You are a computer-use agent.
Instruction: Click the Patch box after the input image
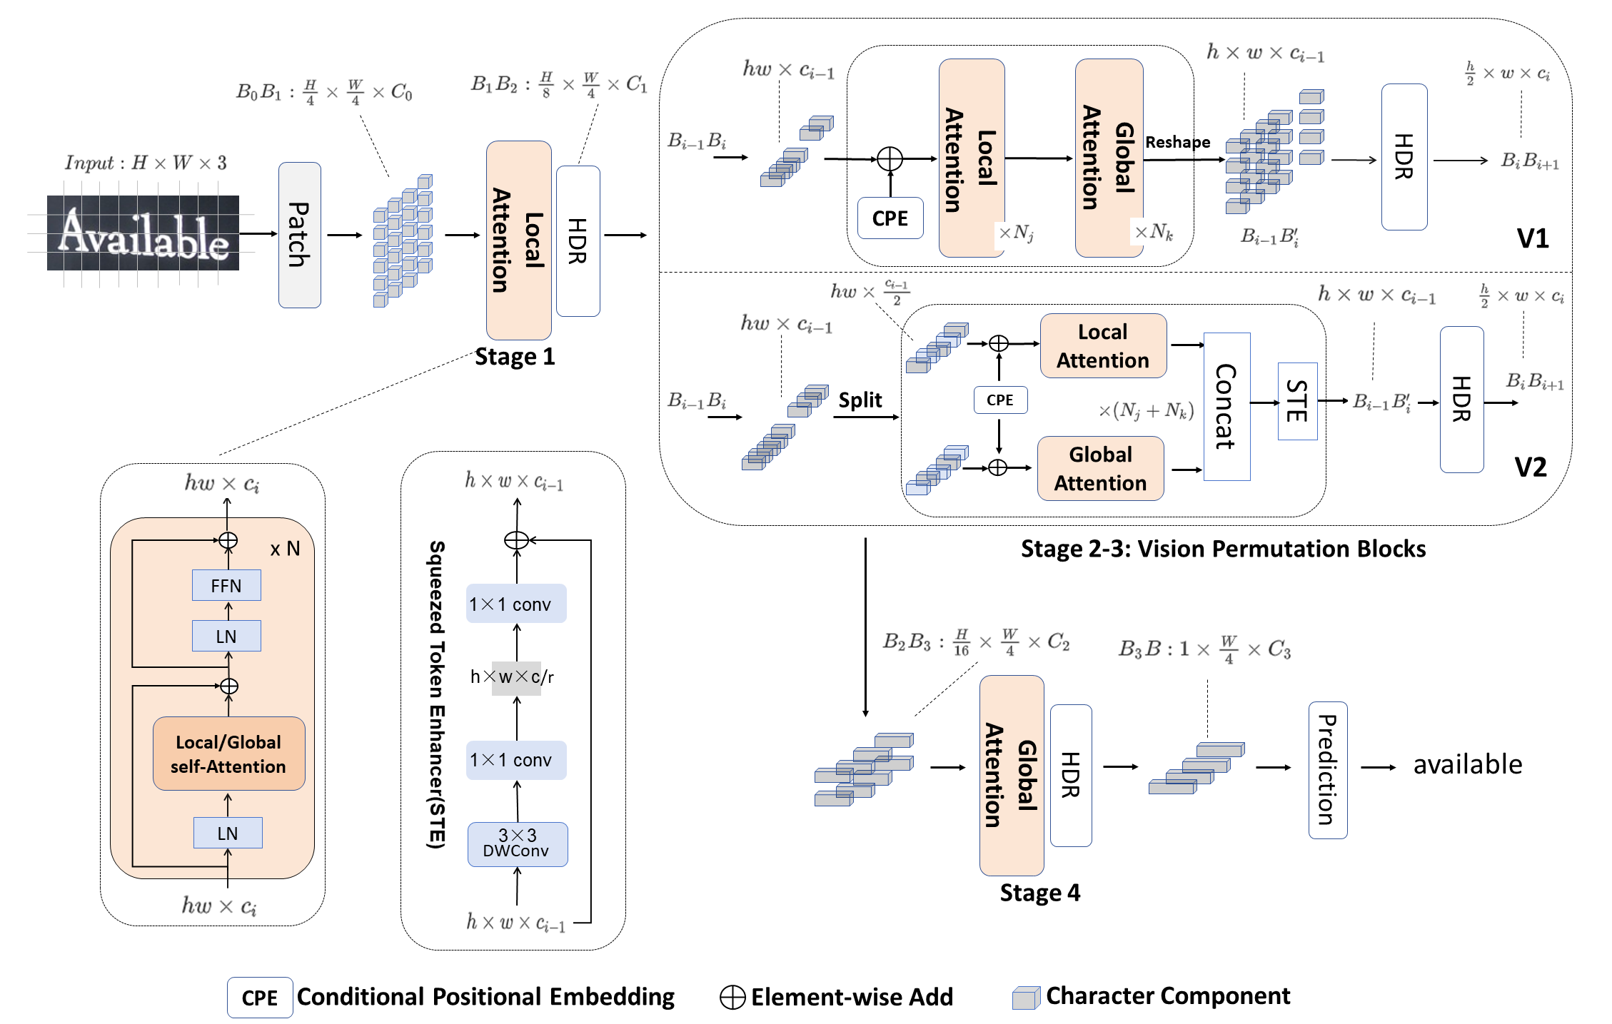tap(299, 235)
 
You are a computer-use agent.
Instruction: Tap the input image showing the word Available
tap(143, 233)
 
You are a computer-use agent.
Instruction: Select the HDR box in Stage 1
tap(578, 241)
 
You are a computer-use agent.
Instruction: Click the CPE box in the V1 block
tap(890, 218)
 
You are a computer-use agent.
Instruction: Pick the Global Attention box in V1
tap(1109, 158)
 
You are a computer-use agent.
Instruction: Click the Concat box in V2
tap(1226, 406)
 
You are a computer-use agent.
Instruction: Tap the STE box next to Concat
tap(1296, 401)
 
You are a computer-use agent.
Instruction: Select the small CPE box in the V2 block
tap(999, 400)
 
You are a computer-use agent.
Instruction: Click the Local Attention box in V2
tap(1103, 346)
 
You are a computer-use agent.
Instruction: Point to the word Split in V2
tap(860, 400)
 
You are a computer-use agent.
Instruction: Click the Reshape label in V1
tap(1177, 142)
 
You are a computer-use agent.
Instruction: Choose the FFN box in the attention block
tap(226, 586)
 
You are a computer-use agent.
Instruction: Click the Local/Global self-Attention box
tap(228, 754)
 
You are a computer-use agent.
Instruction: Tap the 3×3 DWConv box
tap(517, 843)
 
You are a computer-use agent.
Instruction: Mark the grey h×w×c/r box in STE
tap(516, 677)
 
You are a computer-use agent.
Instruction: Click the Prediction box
tap(1327, 769)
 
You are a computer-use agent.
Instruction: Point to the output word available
tap(1467, 764)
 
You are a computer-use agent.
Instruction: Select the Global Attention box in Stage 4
tap(1011, 775)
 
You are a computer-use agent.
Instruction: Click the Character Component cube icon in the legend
tap(1026, 998)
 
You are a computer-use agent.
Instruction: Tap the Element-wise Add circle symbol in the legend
tap(732, 997)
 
